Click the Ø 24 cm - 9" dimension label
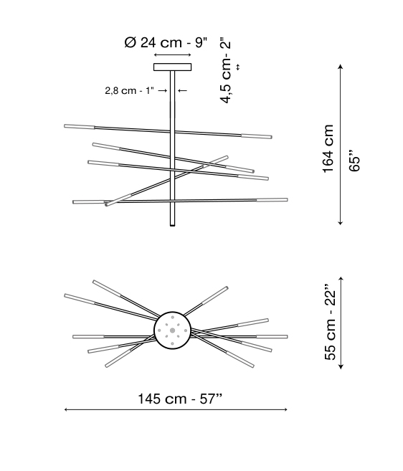click(166, 42)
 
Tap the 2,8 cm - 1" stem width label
click(130, 90)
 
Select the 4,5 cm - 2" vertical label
click(226, 70)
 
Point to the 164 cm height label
click(328, 148)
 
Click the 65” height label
click(354, 160)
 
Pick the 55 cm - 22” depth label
click(330, 322)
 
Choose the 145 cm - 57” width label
click(180, 399)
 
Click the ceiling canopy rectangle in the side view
click(173, 67)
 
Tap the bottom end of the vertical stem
click(173, 226)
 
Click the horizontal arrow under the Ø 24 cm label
click(173, 55)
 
